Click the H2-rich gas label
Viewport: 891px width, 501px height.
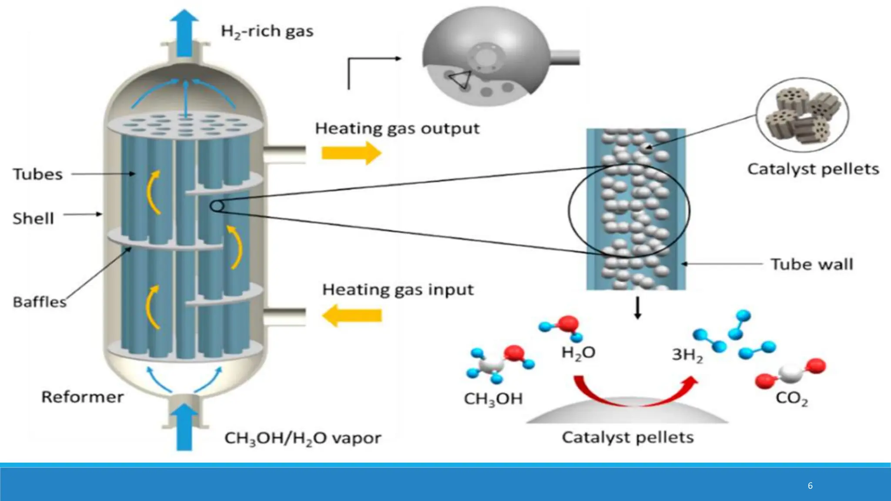267,31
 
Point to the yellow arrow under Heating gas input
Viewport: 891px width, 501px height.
352,315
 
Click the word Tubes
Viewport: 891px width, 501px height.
38,174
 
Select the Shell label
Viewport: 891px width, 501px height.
33,218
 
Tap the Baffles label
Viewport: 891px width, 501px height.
40,302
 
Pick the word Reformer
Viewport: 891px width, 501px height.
82,397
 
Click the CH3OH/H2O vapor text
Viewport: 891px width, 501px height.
303,438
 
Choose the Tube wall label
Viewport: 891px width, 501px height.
812,264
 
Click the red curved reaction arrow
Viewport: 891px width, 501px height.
635,391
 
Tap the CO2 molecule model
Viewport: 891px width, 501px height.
790,373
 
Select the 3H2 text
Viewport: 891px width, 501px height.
687,355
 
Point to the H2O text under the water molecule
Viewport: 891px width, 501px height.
578,353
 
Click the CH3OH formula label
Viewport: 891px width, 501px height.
493,399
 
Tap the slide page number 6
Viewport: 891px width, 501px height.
810,485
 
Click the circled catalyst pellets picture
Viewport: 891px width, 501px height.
802,115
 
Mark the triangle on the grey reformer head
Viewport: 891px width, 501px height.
460,79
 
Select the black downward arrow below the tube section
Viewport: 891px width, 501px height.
637,308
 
